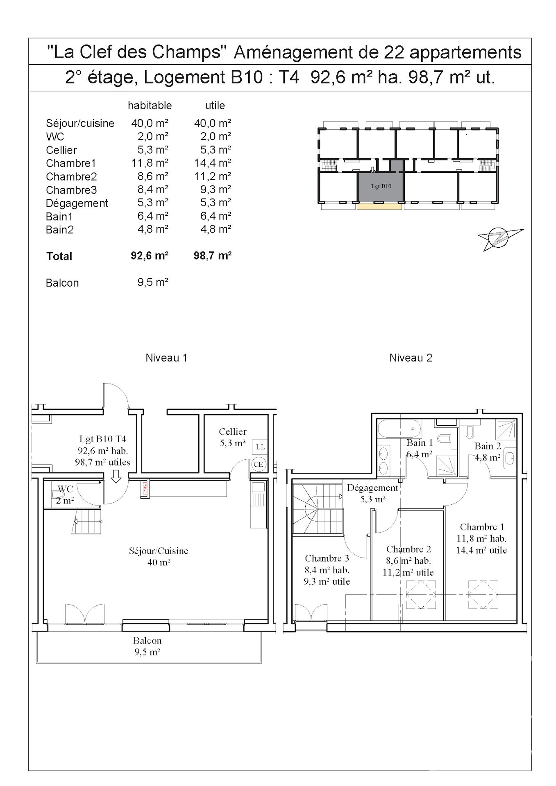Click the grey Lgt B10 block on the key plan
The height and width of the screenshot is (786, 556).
[381, 187]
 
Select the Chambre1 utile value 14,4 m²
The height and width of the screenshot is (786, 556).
[212, 163]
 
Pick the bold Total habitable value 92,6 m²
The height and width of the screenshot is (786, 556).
[150, 255]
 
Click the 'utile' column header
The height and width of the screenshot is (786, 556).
[215, 106]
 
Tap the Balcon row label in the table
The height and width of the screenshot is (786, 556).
[62, 283]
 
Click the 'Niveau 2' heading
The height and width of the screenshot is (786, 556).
[411, 358]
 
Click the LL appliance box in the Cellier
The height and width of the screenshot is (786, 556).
[261, 447]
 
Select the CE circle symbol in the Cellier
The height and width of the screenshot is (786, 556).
[258, 464]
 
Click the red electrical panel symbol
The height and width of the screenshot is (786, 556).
[145, 488]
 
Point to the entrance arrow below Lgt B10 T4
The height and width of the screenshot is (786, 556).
[116, 477]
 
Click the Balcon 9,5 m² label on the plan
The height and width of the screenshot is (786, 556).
[147, 646]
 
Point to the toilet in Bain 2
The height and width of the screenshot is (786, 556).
[470, 431]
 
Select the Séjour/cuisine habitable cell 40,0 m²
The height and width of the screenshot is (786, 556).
[150, 123]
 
